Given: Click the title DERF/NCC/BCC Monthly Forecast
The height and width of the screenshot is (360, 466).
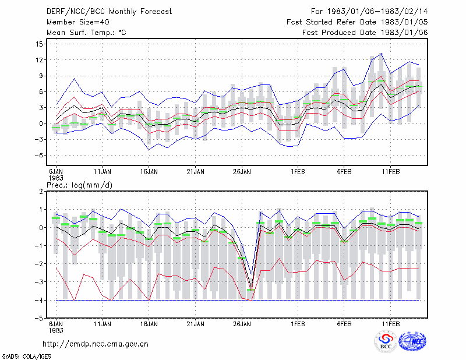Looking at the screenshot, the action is tap(109, 12).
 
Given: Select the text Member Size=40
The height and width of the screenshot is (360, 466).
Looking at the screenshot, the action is tap(78, 22).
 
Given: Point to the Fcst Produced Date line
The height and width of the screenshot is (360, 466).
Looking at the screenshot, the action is tap(365, 33).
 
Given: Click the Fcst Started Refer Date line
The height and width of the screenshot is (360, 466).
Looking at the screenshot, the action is tap(357, 22).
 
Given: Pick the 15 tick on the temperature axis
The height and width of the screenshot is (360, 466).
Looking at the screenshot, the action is tap(39, 44).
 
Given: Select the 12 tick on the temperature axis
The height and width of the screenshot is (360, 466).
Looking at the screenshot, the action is tap(39, 60).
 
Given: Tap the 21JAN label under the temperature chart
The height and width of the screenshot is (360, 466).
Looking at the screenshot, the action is tap(195, 171).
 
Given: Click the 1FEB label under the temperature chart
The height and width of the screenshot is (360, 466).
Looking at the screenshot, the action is tap(298, 171).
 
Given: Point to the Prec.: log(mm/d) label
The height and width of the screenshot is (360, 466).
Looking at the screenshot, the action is tap(80, 185).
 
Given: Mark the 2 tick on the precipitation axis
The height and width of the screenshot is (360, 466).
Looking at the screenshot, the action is tap(41, 192).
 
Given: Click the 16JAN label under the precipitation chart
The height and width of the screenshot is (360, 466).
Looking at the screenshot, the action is tap(149, 324).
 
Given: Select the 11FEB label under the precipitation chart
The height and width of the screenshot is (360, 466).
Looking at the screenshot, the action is tap(390, 324).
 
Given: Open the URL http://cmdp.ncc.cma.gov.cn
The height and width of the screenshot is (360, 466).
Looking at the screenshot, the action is tap(96, 344).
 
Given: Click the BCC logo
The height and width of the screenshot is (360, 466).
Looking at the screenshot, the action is tap(386, 341).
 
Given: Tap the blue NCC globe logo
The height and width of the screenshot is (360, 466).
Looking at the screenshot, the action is tap(412, 341).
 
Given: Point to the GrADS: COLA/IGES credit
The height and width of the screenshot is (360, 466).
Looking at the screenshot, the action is tap(27, 357).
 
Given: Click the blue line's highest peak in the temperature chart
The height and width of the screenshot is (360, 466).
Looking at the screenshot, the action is tap(382, 54).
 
